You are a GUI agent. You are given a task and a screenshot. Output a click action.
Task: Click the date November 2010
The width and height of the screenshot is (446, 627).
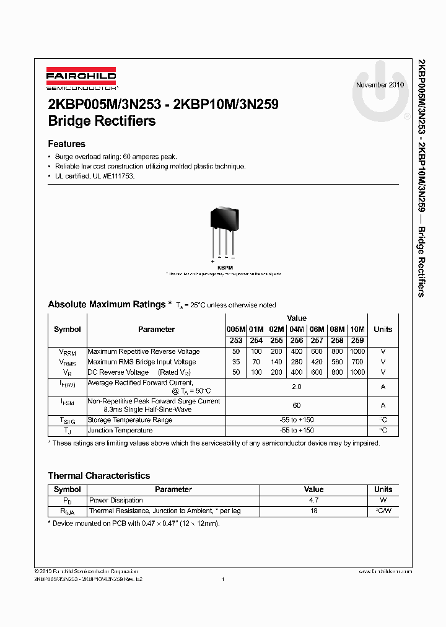(x=380, y=84)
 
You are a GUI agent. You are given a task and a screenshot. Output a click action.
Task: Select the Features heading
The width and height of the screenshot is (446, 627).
(x=67, y=144)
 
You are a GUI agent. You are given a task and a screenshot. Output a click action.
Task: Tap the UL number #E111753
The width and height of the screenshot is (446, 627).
(x=118, y=176)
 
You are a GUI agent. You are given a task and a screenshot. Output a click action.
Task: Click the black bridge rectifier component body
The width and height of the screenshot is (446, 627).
(x=224, y=216)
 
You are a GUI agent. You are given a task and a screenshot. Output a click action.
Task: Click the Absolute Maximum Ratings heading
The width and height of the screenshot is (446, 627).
(x=107, y=304)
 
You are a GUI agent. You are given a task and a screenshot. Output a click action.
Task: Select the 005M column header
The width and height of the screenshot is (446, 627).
(x=236, y=330)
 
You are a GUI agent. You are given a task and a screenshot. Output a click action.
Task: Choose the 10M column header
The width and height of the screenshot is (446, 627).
(x=357, y=330)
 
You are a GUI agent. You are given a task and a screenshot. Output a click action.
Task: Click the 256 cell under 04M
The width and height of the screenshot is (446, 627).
(x=297, y=340)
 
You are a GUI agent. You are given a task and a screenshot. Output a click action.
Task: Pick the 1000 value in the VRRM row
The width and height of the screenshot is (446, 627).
(x=357, y=351)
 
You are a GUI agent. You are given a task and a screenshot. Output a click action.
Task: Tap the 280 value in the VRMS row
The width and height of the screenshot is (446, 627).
(x=297, y=362)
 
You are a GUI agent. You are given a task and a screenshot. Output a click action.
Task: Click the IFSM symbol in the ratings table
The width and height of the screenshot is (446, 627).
(x=67, y=403)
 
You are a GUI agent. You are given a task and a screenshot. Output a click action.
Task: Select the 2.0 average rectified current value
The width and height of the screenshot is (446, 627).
(x=297, y=387)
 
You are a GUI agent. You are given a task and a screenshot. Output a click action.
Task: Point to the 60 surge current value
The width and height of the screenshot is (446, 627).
(x=297, y=405)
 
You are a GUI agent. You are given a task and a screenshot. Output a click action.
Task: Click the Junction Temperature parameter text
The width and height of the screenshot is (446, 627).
(x=120, y=430)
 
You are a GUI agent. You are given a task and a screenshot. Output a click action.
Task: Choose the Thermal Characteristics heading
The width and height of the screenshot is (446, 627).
(x=99, y=476)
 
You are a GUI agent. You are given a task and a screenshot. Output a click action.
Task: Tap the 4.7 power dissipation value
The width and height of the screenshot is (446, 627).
(x=314, y=500)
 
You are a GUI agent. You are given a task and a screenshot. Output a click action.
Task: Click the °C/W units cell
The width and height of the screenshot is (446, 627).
(x=383, y=511)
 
